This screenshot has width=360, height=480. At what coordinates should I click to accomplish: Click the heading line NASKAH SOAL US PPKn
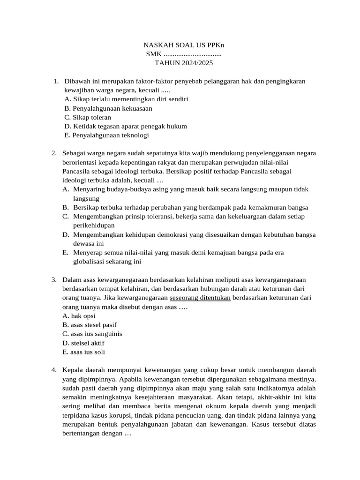[x=183, y=45]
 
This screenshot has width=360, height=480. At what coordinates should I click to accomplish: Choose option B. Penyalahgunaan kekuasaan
[x=108, y=108]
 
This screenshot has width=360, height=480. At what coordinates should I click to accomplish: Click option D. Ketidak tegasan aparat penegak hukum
[x=126, y=126]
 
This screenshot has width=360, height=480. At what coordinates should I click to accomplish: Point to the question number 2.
[x=54, y=153]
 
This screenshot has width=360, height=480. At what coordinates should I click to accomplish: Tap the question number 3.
[x=54, y=280]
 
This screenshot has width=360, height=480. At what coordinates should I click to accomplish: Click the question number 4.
[x=54, y=370]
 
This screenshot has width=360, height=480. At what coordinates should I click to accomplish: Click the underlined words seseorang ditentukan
[x=200, y=298]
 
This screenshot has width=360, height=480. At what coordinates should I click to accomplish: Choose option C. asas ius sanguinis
[x=92, y=334]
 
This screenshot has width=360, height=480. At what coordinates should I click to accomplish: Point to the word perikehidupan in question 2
[x=94, y=225]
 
